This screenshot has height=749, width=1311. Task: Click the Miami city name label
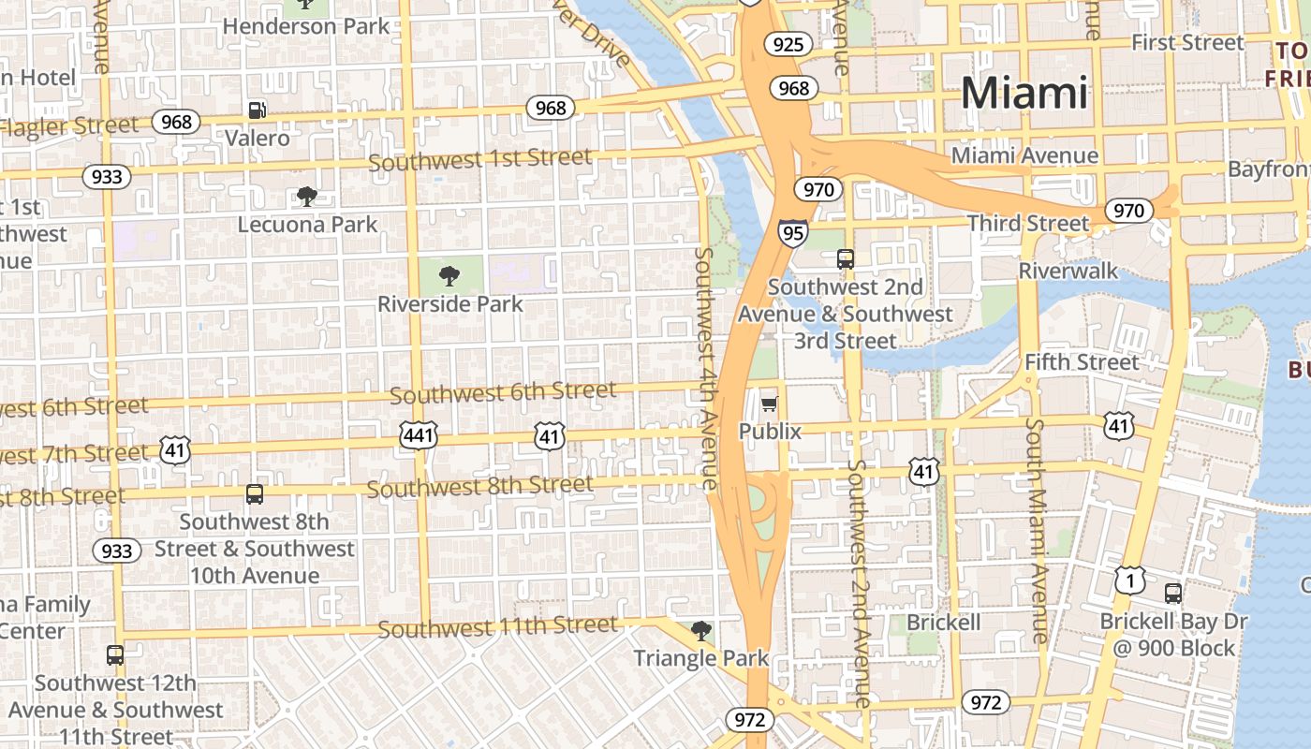(1024, 93)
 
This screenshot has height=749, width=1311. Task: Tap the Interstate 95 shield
(792, 231)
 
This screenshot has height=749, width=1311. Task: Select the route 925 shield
(787, 43)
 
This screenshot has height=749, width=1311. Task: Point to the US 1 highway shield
(1129, 580)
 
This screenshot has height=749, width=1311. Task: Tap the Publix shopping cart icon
(770, 404)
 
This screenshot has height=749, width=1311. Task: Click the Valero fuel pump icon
(257, 110)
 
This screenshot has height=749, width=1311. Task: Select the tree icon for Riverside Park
(449, 275)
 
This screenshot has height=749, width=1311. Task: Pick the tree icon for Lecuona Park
(306, 196)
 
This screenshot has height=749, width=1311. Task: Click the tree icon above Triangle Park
(700, 630)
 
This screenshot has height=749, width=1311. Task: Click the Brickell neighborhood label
(943, 623)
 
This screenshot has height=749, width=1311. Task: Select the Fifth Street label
(1082, 361)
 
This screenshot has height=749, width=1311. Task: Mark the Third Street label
(1027, 223)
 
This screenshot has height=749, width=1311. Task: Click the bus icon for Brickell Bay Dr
(1172, 593)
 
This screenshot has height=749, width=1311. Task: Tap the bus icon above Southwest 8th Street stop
(254, 493)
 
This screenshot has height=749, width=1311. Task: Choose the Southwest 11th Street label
(498, 626)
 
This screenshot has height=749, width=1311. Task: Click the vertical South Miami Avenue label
(1036, 529)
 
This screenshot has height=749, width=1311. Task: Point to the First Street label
(1187, 42)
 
